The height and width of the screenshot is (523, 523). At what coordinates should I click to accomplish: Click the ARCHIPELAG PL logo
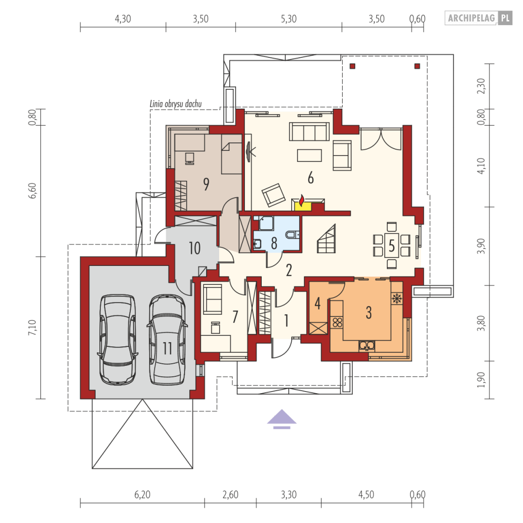click(x=478, y=18)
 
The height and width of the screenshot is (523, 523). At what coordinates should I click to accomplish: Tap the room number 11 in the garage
click(x=168, y=348)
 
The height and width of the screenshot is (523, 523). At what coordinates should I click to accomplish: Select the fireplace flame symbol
click(x=302, y=200)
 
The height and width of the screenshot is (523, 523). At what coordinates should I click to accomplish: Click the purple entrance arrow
click(x=282, y=418)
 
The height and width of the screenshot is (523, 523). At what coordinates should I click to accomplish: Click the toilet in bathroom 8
click(x=292, y=234)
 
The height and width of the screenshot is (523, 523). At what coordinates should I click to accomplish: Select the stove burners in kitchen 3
click(x=337, y=322)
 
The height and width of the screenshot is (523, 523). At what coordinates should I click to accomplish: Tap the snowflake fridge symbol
click(x=397, y=298)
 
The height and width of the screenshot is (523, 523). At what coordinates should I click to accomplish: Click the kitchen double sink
click(x=367, y=345)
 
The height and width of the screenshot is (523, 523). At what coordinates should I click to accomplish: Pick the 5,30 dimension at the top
click(x=289, y=19)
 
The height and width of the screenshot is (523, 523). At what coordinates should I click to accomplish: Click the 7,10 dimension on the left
click(x=33, y=327)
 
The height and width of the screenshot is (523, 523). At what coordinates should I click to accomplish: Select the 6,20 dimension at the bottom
click(x=142, y=494)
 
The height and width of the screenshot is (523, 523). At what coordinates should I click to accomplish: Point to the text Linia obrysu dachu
click(x=176, y=104)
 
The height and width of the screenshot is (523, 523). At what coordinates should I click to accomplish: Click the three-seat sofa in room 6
click(x=309, y=131)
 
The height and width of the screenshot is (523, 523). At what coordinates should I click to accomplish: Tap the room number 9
click(x=206, y=184)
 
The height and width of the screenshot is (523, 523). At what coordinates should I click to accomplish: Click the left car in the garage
click(x=118, y=339)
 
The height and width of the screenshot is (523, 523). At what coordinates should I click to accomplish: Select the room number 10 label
click(x=195, y=248)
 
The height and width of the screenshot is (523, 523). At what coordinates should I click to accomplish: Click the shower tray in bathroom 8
click(x=266, y=223)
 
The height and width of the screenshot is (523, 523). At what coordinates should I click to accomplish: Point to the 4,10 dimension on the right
click(x=480, y=166)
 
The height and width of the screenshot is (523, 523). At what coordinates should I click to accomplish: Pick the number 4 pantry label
click(x=317, y=303)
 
